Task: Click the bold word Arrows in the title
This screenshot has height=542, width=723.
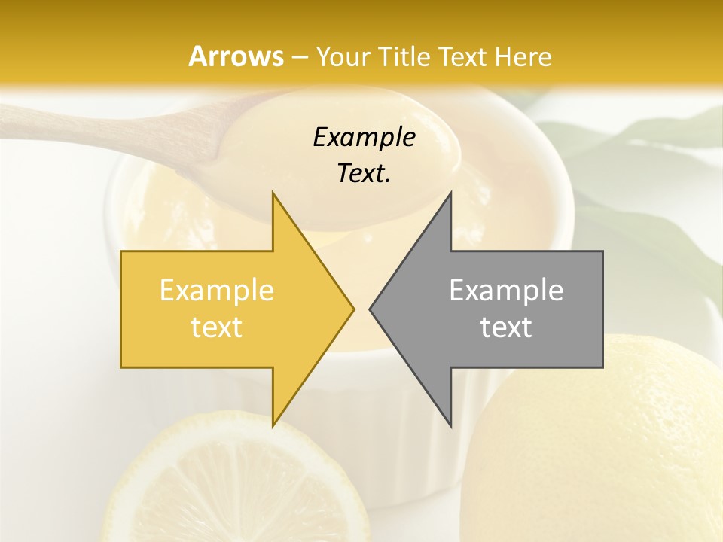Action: point(236,56)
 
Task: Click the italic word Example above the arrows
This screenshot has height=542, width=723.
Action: point(364,138)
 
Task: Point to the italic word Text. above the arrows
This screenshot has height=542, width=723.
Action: point(364,174)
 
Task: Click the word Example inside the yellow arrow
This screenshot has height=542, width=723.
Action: point(217,291)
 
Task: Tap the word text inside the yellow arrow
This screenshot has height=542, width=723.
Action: point(217,327)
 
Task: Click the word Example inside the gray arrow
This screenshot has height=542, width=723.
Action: point(506,291)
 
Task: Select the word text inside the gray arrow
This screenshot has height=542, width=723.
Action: point(506,327)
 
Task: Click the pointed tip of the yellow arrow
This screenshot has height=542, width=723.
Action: point(352,309)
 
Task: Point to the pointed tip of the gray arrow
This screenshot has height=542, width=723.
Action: point(372,309)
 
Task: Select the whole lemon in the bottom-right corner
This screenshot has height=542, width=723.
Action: point(610,444)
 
